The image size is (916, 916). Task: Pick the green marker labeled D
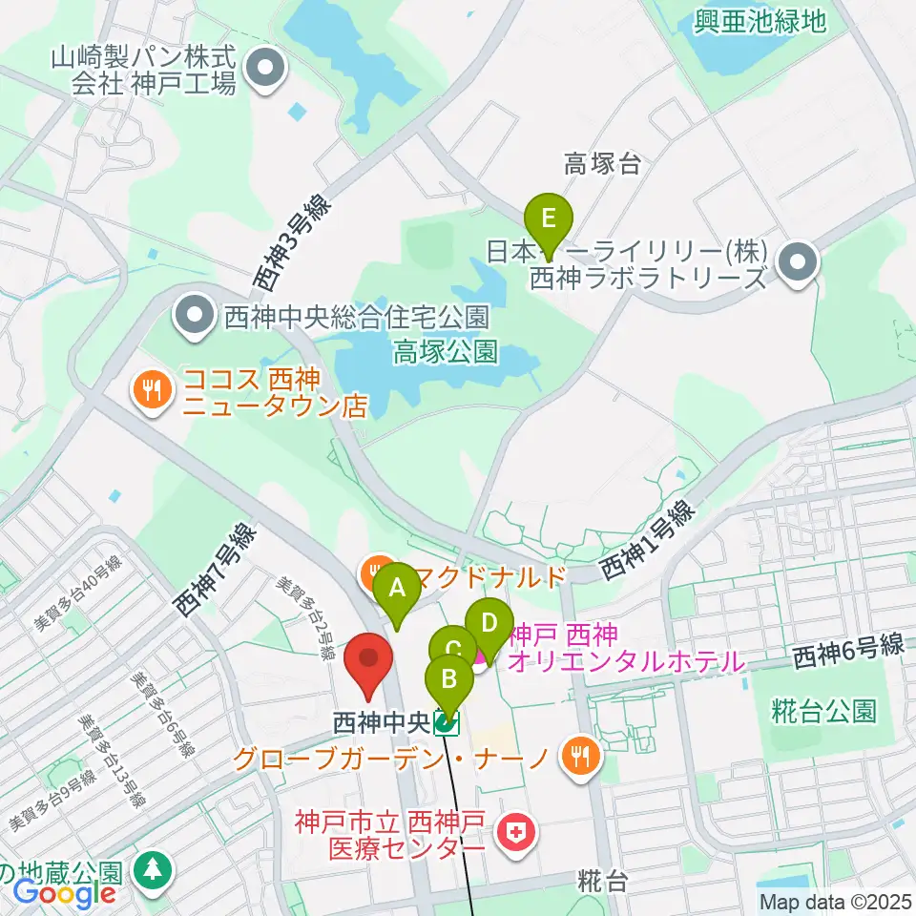(x=489, y=624)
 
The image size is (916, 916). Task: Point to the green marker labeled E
(x=548, y=219)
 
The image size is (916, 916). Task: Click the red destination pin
(x=368, y=661)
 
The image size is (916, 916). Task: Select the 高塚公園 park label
(x=445, y=353)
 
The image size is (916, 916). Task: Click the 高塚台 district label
(x=602, y=164)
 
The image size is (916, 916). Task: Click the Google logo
(x=64, y=894)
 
